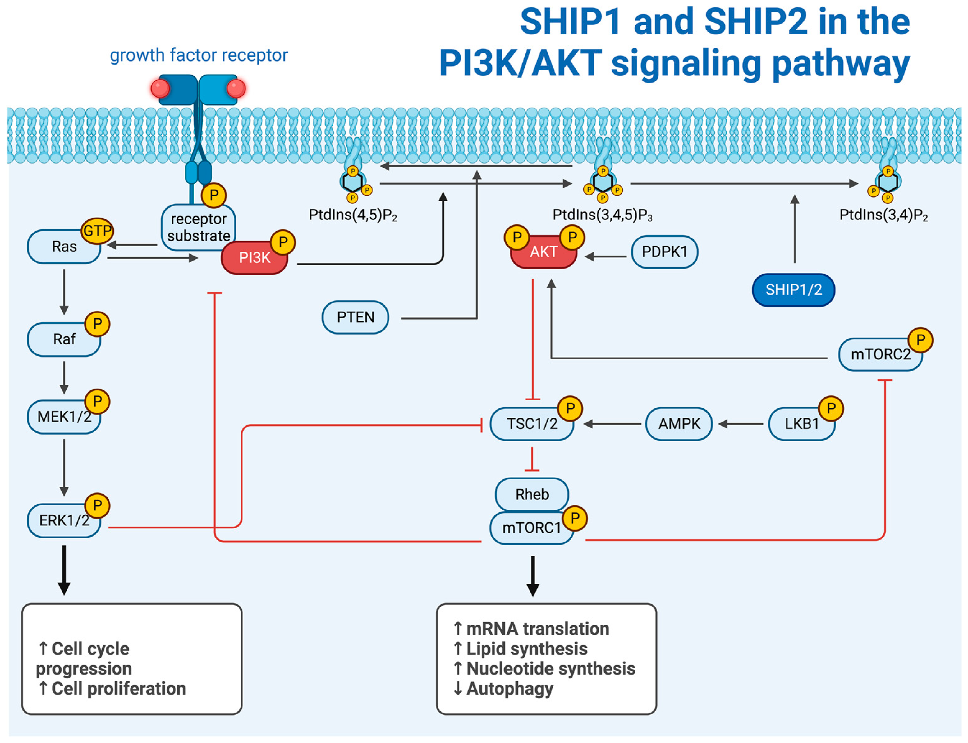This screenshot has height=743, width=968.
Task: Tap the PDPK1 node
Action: pyautogui.click(x=664, y=252)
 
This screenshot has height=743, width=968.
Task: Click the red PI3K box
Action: pyautogui.click(x=254, y=257)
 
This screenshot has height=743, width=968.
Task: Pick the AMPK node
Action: pyautogui.click(x=679, y=424)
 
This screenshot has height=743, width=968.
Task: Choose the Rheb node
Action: pyautogui.click(x=532, y=494)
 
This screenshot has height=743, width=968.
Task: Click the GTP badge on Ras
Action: pyautogui.click(x=97, y=230)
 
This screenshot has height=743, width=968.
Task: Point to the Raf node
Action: pyautogui.click(x=64, y=339)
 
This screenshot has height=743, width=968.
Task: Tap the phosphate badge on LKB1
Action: pyautogui.click(x=831, y=408)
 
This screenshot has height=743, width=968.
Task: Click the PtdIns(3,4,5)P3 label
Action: pyautogui.click(x=602, y=215)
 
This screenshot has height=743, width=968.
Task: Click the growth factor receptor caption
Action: pyautogui.click(x=199, y=55)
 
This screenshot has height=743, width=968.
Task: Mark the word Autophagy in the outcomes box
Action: pyautogui.click(x=510, y=689)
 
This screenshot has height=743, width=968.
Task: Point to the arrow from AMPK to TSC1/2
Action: pyautogui.click(x=612, y=424)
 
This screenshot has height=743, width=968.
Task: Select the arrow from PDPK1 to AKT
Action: pyautogui.click(x=606, y=256)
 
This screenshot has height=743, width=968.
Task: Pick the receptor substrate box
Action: pyautogui.click(x=199, y=227)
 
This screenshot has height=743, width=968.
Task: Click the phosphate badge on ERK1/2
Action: pyautogui.click(x=97, y=505)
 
